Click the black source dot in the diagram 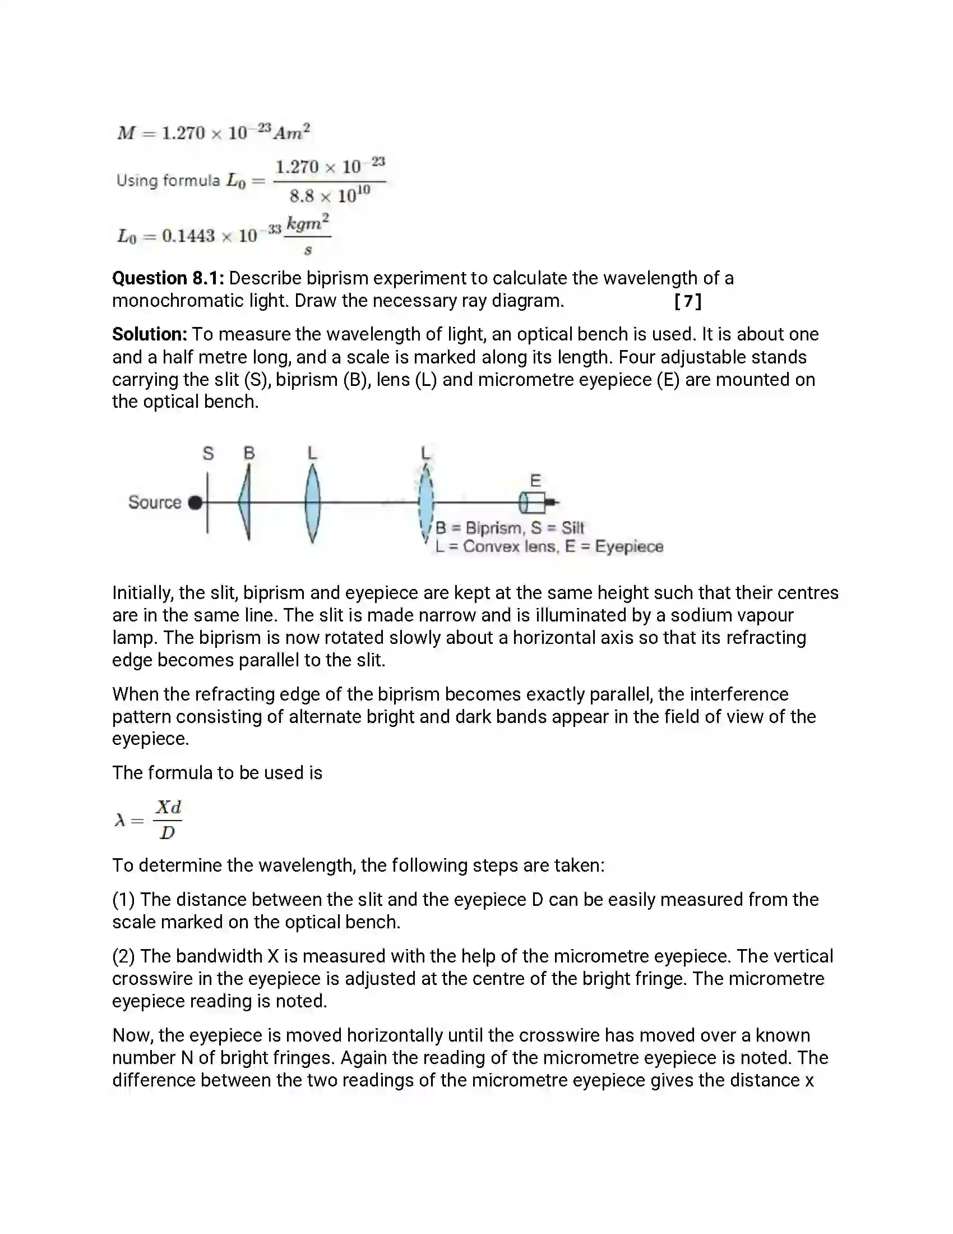click(195, 503)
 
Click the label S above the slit click(209, 453)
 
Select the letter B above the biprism click(249, 453)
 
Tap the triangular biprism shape click(245, 503)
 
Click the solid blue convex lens click(312, 503)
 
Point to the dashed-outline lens click(426, 503)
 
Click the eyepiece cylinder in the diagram click(533, 503)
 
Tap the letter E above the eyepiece click(535, 481)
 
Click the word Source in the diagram click(155, 503)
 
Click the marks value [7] click(688, 301)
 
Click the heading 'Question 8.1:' click(168, 278)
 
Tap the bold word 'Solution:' click(150, 334)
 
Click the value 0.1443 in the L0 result click(188, 236)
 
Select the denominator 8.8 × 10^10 click(330, 196)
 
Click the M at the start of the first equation click(126, 133)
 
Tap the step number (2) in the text click(124, 956)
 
